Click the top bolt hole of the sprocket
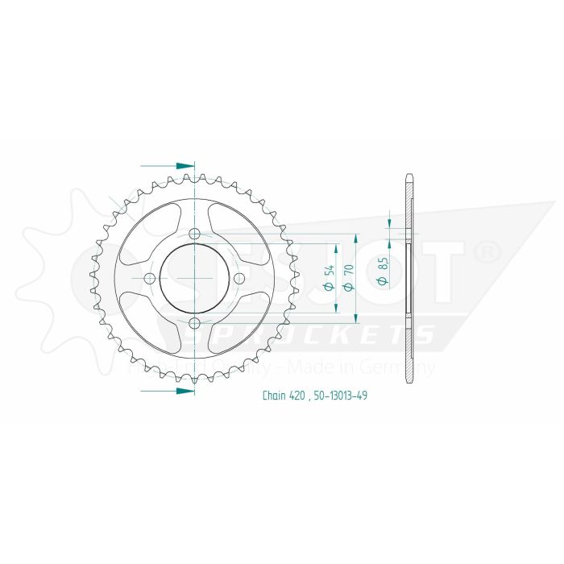[x=194, y=234]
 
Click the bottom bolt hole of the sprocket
[x=194, y=323]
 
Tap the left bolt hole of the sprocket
[x=150, y=279]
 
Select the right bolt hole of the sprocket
[x=238, y=279]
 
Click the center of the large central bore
[x=194, y=279]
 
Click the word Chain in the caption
[x=274, y=396]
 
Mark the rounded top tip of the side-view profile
[x=408, y=179]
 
